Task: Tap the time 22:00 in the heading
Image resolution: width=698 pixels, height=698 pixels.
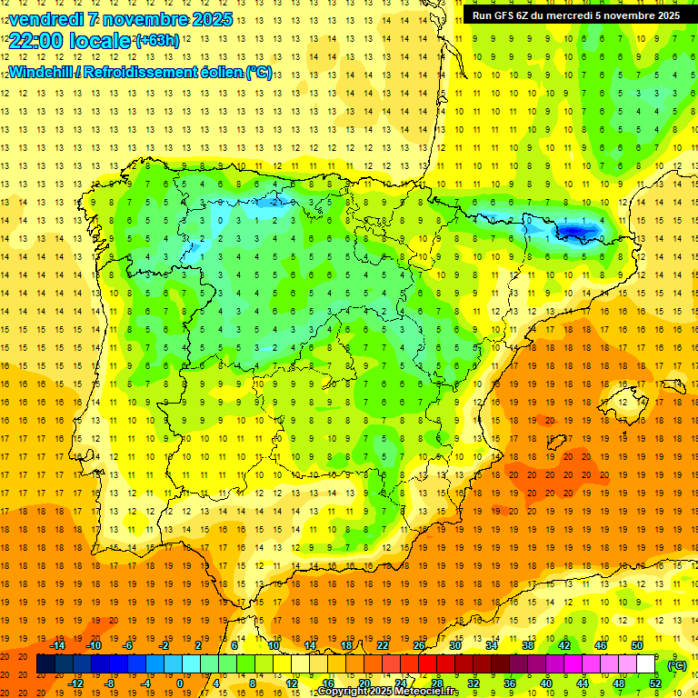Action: [x=36, y=41]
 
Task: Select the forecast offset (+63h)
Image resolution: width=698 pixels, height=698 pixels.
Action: [x=157, y=41]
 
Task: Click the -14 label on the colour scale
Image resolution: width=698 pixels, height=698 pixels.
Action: [x=58, y=645]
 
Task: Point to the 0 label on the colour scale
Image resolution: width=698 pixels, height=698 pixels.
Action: [x=180, y=683]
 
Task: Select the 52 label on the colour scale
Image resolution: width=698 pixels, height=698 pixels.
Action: [x=655, y=683]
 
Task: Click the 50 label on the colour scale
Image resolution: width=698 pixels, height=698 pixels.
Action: [x=637, y=645]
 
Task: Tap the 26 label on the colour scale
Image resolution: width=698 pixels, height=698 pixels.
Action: [x=419, y=645]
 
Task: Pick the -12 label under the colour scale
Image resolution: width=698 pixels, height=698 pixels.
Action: [x=75, y=683]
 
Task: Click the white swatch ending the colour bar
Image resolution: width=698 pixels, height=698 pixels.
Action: [x=646, y=664]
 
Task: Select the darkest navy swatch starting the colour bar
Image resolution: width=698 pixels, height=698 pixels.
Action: [x=45, y=664]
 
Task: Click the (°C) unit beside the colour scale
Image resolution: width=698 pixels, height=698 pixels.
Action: [x=677, y=665]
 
